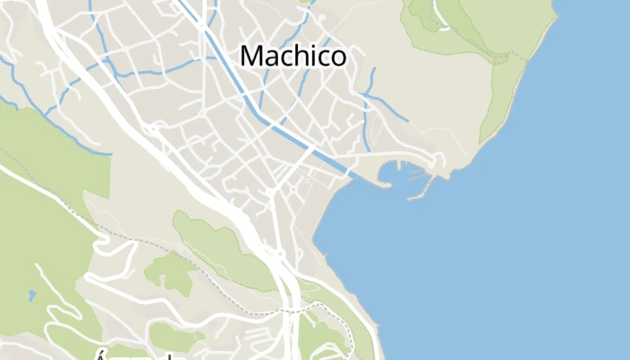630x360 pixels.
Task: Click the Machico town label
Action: (293, 56)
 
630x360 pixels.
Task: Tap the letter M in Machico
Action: (252, 56)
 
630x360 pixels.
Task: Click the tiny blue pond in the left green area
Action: (31, 294)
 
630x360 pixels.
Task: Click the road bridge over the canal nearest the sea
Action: (348, 172)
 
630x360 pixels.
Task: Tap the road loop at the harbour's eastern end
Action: (437, 163)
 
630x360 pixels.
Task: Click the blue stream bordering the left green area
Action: (54, 126)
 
